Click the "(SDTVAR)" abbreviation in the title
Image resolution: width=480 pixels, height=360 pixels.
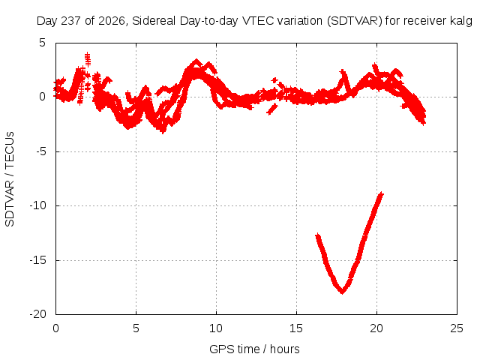355,21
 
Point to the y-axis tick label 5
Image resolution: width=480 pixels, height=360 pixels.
42,43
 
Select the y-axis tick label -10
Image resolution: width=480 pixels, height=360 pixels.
37,205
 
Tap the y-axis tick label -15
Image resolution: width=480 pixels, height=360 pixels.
37,260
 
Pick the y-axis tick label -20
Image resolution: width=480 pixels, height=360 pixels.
37,314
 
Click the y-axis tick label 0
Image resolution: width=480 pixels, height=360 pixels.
42,97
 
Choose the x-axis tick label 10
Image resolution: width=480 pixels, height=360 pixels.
216,328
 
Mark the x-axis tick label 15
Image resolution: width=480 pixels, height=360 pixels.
296,328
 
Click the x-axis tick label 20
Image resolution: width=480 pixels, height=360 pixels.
376,328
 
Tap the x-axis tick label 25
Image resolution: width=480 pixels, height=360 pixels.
457,328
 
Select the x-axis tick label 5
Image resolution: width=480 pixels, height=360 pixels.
136,328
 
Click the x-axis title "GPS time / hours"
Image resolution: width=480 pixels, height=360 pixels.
254,349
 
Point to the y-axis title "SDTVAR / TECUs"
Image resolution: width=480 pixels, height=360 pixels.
10,179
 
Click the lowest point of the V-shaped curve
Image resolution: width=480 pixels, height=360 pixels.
342,292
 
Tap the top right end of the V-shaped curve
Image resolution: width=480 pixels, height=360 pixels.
382,193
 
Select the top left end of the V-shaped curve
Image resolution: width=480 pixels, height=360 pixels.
317,235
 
